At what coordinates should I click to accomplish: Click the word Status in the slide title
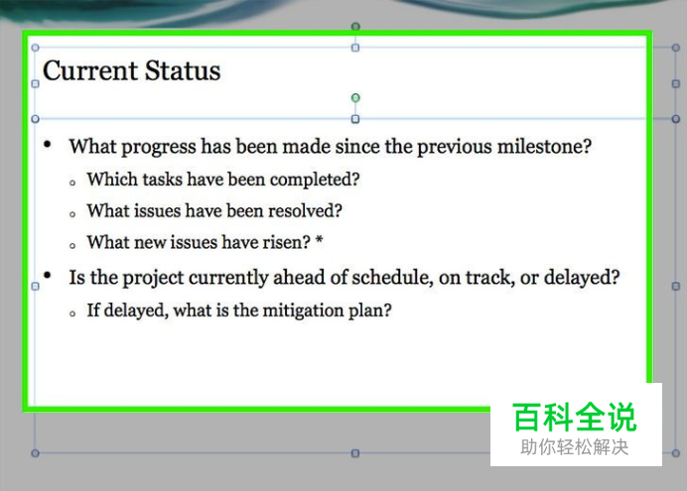click(x=183, y=70)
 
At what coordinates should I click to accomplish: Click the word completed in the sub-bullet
click(x=315, y=180)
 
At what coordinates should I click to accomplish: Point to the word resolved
click(x=305, y=211)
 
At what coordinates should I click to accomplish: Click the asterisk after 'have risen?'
click(x=319, y=240)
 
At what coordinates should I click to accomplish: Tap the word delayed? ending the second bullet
click(x=582, y=278)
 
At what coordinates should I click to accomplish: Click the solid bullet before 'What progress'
click(x=48, y=144)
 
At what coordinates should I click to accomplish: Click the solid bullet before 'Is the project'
click(x=48, y=276)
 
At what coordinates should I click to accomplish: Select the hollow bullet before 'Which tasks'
click(x=72, y=183)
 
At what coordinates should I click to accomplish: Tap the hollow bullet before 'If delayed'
click(x=72, y=313)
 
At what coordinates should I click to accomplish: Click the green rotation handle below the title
click(x=355, y=97)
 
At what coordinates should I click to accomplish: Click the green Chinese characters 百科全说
click(x=575, y=418)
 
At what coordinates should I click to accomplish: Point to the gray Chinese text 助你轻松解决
click(x=575, y=447)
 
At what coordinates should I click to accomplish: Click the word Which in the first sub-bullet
click(x=112, y=179)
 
